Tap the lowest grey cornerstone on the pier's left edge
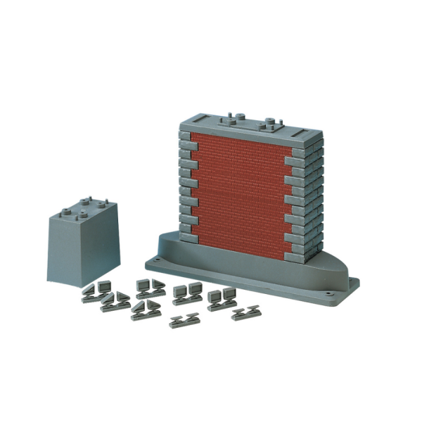pos(190,236)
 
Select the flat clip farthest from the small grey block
pos(245,313)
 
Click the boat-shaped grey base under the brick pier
pos(253,271)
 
